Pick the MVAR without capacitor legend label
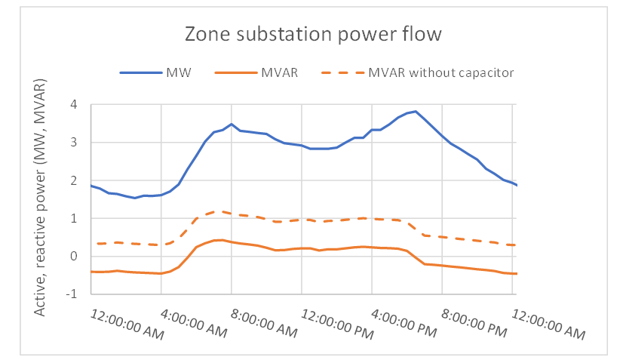click(441, 72)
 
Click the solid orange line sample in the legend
click(233, 72)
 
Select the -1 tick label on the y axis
click(72, 294)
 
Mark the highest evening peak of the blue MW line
click(415, 111)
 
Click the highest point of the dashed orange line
click(217, 211)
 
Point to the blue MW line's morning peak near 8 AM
click(232, 124)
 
